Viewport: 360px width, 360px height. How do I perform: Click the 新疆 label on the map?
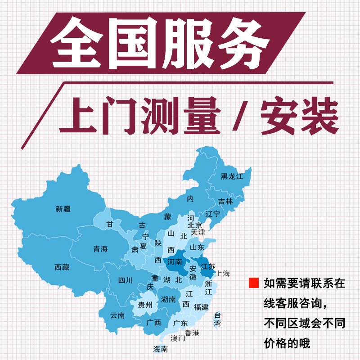(63, 209)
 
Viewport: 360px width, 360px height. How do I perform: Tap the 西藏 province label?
(62, 267)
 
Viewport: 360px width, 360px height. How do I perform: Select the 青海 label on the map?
(100, 249)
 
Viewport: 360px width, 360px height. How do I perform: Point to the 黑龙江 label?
(232, 176)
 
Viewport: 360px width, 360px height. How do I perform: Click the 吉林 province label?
(225, 202)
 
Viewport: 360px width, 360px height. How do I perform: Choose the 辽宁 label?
(212, 214)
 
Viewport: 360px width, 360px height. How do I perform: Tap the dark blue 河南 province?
(175, 262)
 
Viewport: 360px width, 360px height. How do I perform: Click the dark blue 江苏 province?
(208, 266)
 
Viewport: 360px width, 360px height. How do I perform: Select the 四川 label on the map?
(126, 281)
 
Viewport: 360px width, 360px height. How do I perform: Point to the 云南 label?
(117, 315)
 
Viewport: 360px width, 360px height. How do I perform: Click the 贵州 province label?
(145, 305)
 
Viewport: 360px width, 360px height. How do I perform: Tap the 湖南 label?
(168, 299)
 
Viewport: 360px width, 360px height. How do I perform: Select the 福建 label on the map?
(201, 307)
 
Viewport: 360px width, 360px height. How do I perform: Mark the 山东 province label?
(197, 247)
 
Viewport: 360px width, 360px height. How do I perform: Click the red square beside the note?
(254, 283)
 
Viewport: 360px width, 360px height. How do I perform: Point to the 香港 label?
(192, 333)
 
